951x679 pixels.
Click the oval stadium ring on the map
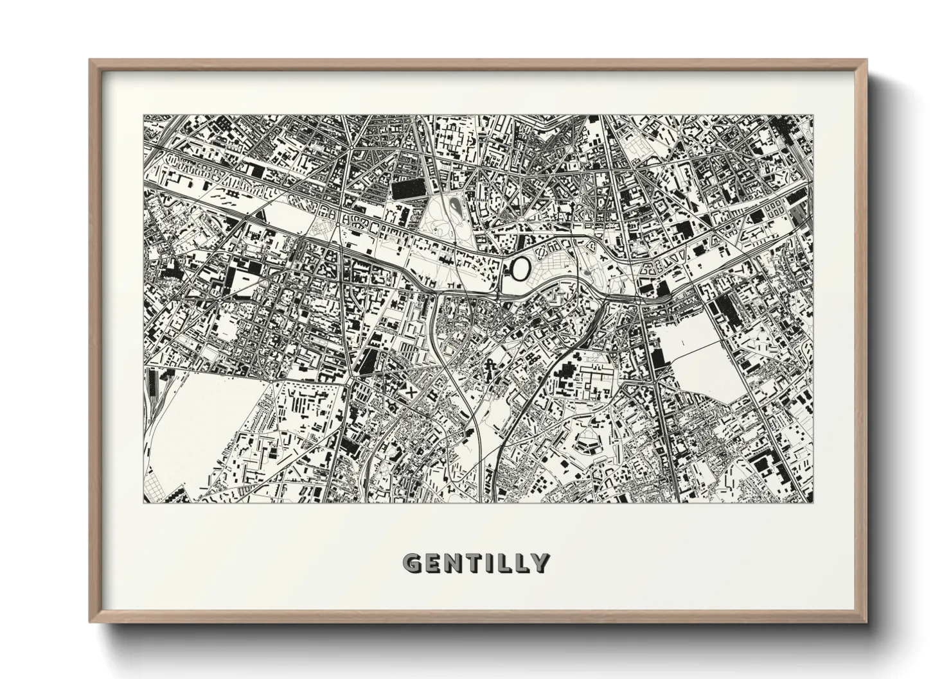520,268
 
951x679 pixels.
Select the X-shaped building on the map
409,390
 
